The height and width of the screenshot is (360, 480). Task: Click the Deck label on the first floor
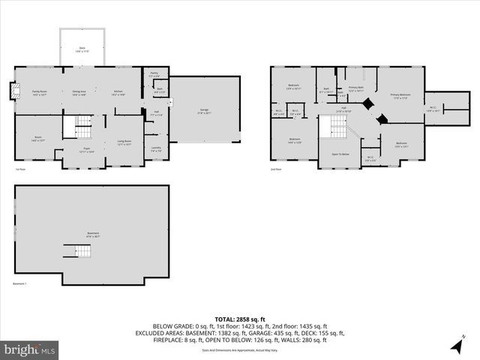tap(82, 49)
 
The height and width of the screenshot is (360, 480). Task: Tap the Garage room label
tap(204, 112)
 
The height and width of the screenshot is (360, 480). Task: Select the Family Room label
tap(40, 93)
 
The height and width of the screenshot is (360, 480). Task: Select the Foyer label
tap(86, 150)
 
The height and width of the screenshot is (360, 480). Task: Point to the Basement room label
tap(92, 234)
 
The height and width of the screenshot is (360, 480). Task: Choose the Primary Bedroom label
tap(400, 95)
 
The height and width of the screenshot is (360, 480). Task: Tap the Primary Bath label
tap(355, 89)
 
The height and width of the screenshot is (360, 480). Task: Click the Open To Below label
tap(341, 154)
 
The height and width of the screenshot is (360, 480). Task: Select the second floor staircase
tap(332, 130)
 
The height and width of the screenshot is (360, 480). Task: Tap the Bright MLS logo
tap(30, 349)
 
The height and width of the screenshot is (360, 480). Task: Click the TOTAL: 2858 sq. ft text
tap(239, 319)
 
